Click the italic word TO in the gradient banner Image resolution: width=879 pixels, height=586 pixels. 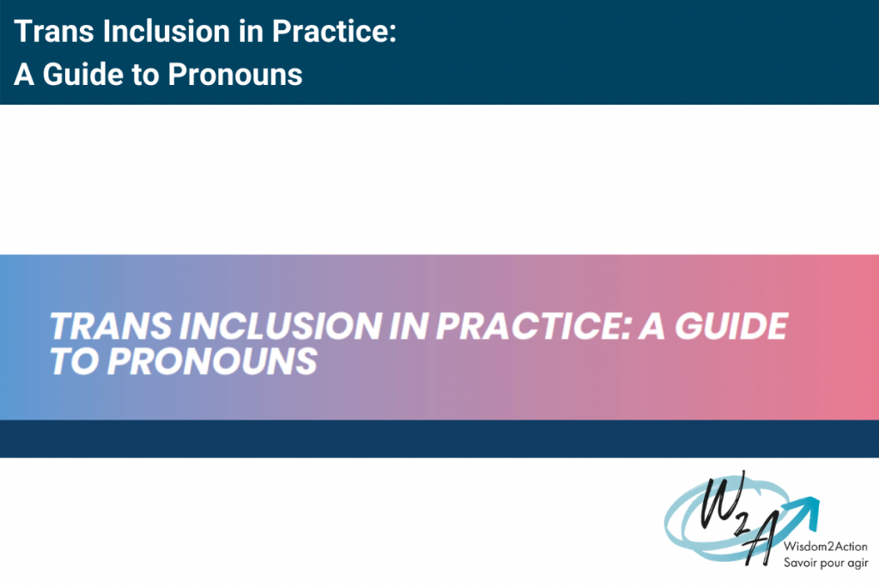point(74,361)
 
